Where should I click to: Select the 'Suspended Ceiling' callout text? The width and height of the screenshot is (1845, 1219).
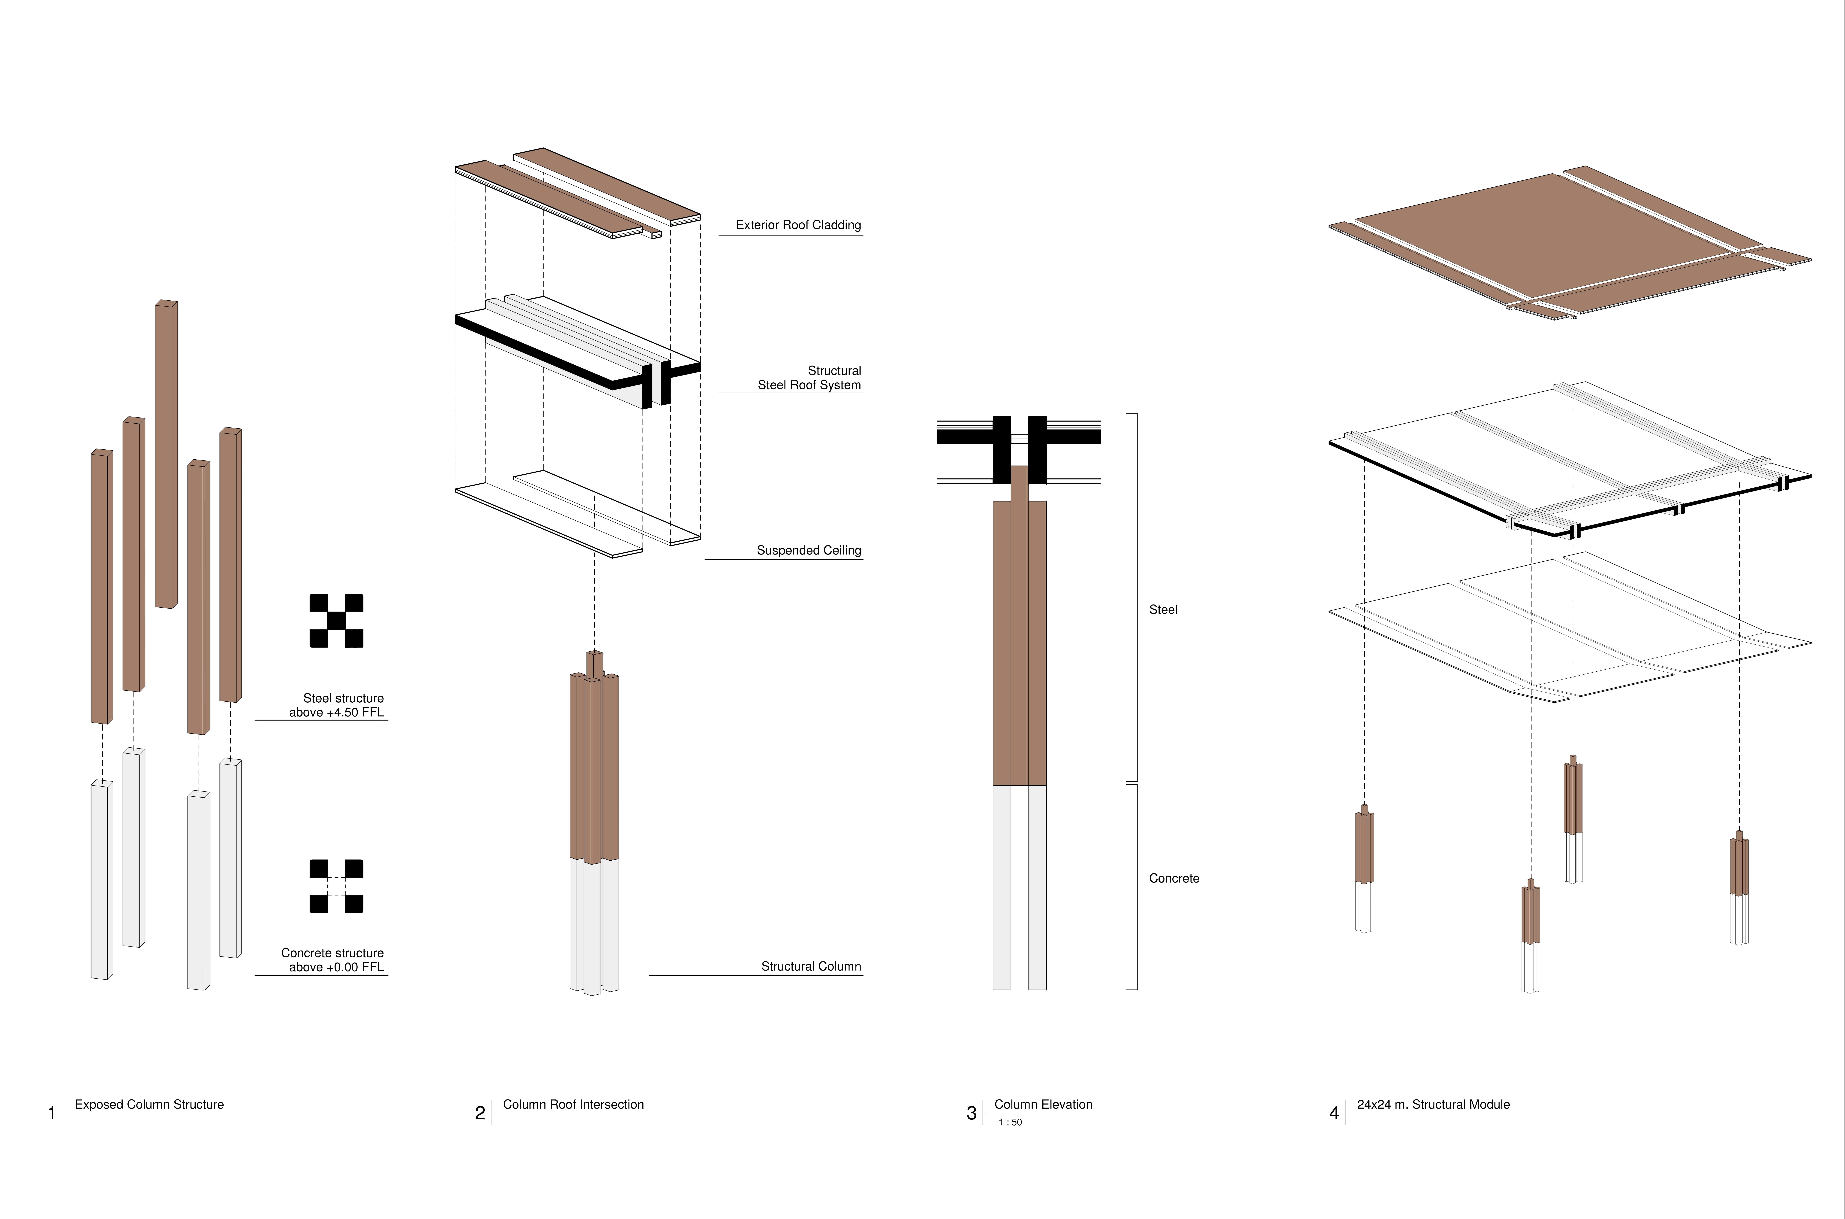(x=809, y=550)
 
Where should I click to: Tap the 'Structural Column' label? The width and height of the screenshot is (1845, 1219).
(x=811, y=966)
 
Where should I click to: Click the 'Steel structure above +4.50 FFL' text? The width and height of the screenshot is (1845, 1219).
(x=337, y=705)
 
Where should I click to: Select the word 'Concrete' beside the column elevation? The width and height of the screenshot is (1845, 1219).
(x=1174, y=878)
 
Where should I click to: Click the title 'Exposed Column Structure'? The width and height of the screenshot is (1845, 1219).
(x=149, y=1105)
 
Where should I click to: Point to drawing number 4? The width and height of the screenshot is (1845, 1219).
(x=1334, y=1113)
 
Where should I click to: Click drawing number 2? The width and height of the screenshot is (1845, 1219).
(x=480, y=1113)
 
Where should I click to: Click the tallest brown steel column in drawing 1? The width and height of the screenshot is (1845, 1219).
(x=166, y=454)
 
